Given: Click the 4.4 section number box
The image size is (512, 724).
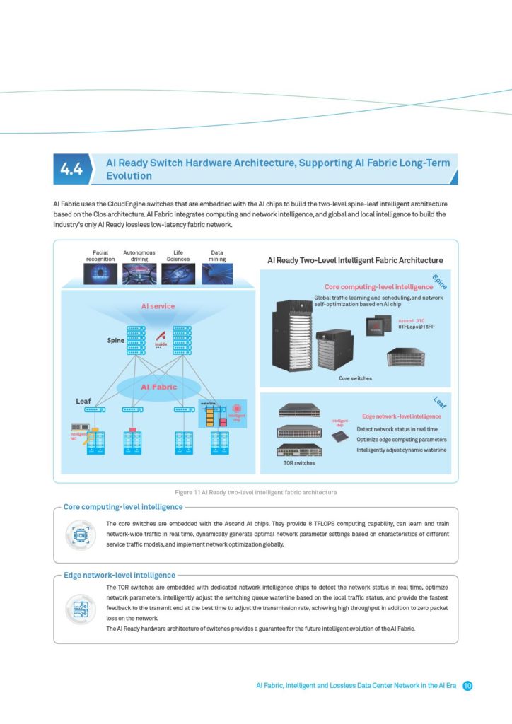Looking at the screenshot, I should (x=71, y=168).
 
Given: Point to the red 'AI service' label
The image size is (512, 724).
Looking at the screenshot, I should (x=158, y=306).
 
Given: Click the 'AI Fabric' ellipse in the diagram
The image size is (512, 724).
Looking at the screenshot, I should (x=158, y=387).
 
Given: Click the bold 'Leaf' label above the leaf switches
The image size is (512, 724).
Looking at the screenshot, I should (x=83, y=401).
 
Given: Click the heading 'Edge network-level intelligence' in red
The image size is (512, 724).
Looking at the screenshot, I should (x=401, y=416).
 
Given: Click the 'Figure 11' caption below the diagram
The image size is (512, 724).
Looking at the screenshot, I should (x=255, y=491).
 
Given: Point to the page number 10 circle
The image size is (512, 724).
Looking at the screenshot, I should (x=467, y=686).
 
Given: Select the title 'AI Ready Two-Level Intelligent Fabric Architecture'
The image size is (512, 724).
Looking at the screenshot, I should (x=355, y=261).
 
